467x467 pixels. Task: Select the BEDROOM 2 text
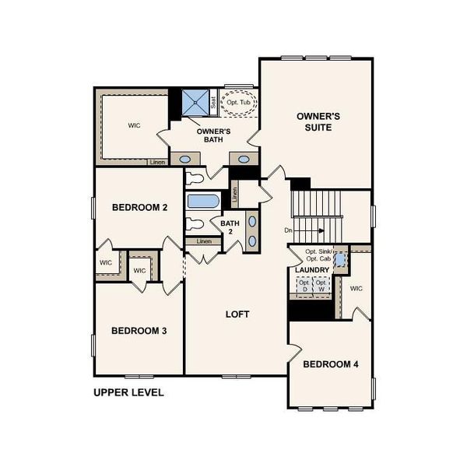(140, 207)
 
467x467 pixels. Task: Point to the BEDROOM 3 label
(139, 331)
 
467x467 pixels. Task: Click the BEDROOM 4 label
(330, 364)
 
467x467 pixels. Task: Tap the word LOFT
(237, 314)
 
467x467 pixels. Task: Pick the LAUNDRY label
(313, 270)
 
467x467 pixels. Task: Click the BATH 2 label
(230, 228)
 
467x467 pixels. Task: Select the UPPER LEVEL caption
(128, 393)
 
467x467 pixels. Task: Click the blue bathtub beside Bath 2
(203, 201)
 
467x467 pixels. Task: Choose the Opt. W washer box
(321, 285)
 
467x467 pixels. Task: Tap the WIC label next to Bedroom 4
(356, 289)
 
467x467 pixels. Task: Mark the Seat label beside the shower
(213, 101)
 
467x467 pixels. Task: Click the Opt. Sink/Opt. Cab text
(319, 255)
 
